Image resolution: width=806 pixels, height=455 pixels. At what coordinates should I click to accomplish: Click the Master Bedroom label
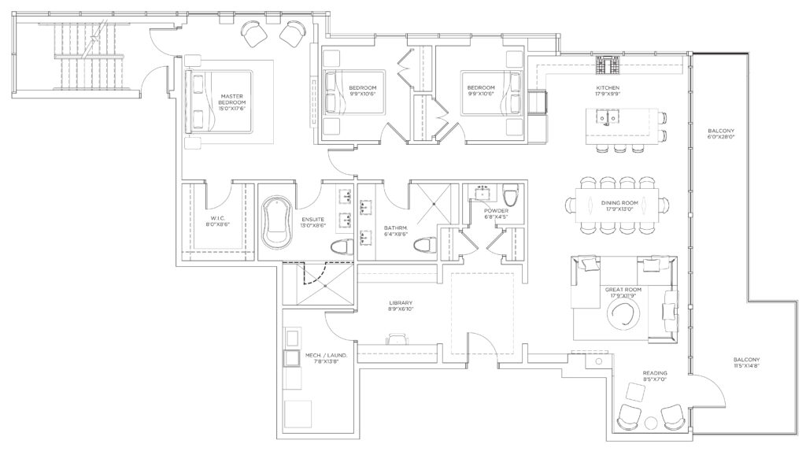(x=232, y=102)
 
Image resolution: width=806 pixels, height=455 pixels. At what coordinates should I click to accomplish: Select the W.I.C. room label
(x=214, y=221)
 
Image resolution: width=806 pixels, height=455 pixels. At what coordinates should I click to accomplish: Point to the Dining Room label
(x=620, y=205)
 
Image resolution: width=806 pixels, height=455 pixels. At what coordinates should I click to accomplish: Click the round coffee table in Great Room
(x=623, y=313)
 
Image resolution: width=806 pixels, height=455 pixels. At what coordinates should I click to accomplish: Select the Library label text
(x=401, y=306)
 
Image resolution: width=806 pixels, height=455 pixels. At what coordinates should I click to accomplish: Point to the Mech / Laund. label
(x=327, y=358)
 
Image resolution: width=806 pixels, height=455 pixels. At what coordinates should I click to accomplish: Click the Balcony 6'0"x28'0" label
(x=721, y=134)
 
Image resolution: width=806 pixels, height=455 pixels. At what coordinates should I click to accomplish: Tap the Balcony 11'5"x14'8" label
(x=746, y=362)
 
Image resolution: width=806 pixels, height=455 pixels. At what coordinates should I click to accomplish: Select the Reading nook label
(x=655, y=375)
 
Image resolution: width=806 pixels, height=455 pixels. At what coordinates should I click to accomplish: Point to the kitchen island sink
(x=608, y=118)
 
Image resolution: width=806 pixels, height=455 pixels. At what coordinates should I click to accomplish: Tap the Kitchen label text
(x=608, y=91)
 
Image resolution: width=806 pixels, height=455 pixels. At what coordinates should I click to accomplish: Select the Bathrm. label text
(x=396, y=231)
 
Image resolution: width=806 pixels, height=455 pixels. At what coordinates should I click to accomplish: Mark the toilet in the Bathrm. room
(x=424, y=246)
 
